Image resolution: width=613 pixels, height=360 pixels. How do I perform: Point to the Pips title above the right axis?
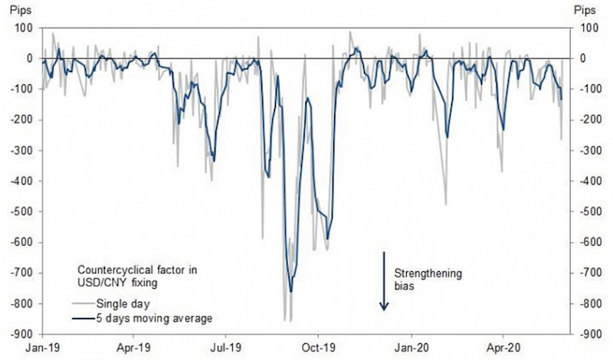(586, 10)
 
